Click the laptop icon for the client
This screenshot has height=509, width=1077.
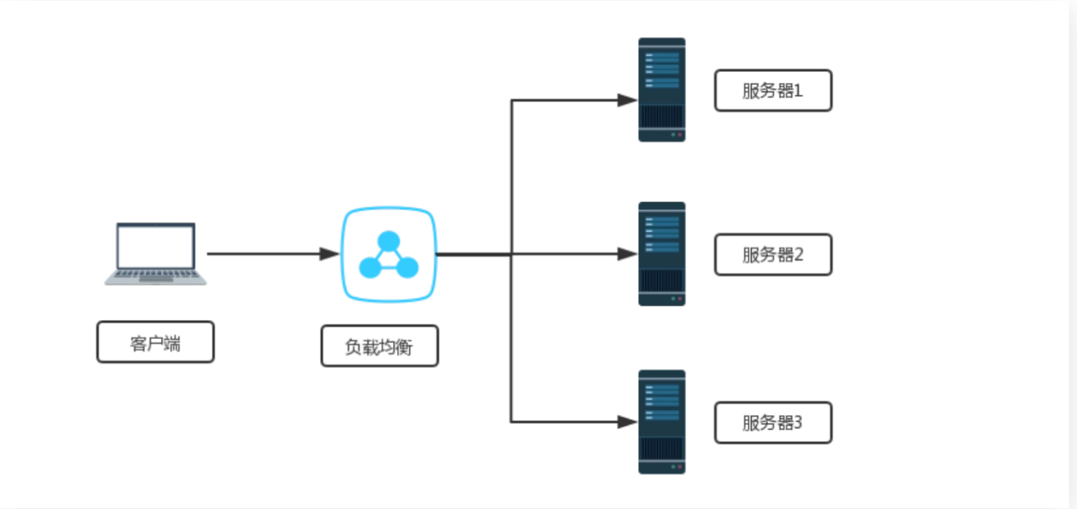(x=155, y=253)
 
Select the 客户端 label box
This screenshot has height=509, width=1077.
(x=155, y=342)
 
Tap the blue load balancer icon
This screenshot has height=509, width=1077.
(x=388, y=254)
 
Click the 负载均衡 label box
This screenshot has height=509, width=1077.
(x=380, y=346)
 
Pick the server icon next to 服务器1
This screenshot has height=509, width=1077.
(x=662, y=89)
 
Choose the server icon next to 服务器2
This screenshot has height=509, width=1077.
(x=662, y=254)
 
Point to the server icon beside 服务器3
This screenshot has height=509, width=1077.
(x=662, y=422)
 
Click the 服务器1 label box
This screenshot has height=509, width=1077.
(x=772, y=91)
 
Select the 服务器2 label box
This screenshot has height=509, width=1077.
(x=772, y=255)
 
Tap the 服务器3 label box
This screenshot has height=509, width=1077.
(x=772, y=423)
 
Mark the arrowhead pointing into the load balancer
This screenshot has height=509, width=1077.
(x=330, y=254)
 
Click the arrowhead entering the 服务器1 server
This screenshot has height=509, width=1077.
(x=628, y=101)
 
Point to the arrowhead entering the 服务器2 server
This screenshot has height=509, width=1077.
(x=628, y=254)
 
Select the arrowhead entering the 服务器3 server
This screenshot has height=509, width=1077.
(x=628, y=422)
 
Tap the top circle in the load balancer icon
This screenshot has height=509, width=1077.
(x=388, y=242)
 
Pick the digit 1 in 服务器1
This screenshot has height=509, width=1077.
(x=798, y=91)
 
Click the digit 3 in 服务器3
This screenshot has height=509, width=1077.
(x=798, y=423)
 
